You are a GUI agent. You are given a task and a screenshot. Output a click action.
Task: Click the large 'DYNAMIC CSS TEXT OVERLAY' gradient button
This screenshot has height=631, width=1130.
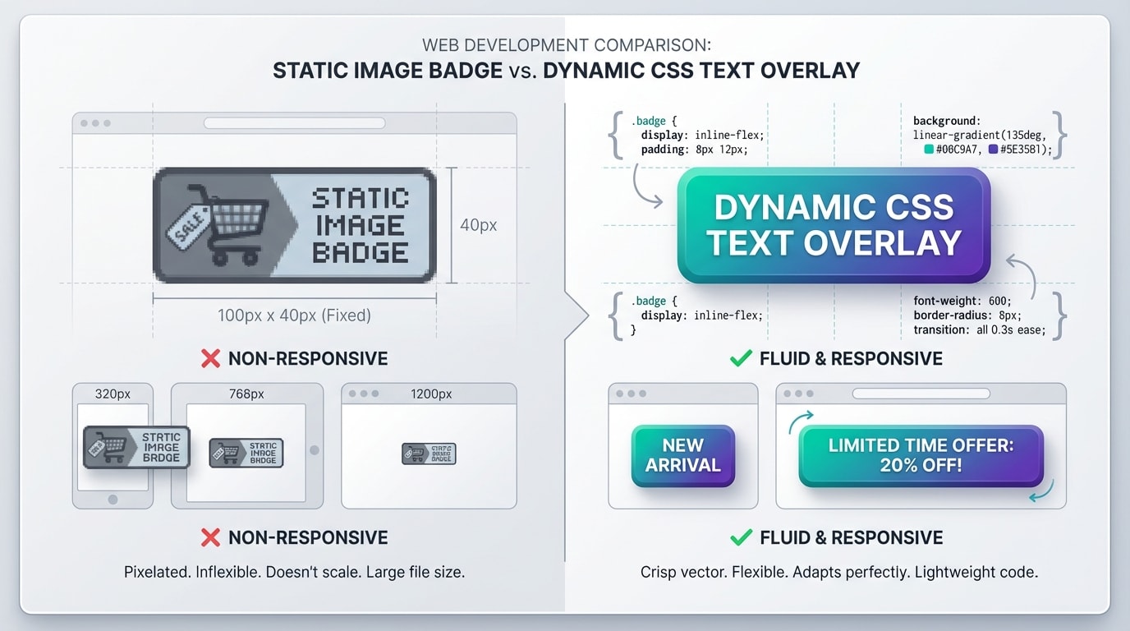[x=834, y=225]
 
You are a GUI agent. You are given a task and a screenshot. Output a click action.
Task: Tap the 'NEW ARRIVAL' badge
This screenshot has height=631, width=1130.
[x=682, y=455]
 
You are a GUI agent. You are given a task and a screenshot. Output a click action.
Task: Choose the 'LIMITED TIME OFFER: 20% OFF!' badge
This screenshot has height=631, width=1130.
[x=921, y=455]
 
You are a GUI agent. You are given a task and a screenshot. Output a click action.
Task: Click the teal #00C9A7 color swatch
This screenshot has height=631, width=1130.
[x=929, y=150]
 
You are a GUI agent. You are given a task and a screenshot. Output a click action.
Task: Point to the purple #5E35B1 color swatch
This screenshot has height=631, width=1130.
[x=994, y=150]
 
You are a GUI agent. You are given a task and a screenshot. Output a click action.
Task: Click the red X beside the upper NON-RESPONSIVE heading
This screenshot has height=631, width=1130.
[x=211, y=358]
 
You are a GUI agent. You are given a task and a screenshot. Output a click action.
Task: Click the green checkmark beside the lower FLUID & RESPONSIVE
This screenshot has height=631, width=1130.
[x=741, y=538]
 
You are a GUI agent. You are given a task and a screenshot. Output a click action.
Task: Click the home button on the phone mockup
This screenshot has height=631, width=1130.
[x=113, y=499]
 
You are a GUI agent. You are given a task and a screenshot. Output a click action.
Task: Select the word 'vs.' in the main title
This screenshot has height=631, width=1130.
[x=522, y=71]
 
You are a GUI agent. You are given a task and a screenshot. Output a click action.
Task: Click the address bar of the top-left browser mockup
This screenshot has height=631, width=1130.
[x=294, y=123]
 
